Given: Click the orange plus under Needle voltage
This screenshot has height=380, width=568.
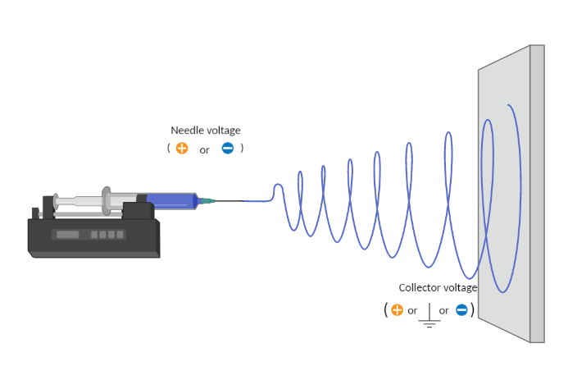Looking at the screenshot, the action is tap(182, 148).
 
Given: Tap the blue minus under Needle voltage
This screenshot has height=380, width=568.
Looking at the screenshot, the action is tap(228, 148).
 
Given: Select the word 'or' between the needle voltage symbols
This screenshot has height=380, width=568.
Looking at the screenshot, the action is tap(204, 150).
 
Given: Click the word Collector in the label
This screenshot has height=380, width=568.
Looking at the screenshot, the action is tap(416, 287).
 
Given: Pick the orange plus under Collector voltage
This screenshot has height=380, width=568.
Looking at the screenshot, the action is tap(397, 310).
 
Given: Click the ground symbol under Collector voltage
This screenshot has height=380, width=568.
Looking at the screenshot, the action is tap(429, 315).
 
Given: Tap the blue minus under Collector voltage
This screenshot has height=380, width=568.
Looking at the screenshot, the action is tap(461, 310).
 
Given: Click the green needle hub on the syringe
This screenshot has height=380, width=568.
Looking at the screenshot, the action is tap(207, 201).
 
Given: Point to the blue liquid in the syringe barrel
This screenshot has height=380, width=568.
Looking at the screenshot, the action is tap(170, 201).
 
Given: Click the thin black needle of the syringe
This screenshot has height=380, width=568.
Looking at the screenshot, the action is tap(229, 201).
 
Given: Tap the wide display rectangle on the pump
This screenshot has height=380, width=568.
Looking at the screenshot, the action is tap(68, 235).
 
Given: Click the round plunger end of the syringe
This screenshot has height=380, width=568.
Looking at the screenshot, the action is tap(56, 202).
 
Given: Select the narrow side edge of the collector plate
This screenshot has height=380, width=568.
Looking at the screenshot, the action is tap(537, 194).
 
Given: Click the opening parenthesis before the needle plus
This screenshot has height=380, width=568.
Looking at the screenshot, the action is tap(169, 148).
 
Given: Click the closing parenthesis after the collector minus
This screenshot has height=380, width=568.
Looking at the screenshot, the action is tap(472, 310).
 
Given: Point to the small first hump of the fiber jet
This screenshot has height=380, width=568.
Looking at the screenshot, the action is tap(278, 189).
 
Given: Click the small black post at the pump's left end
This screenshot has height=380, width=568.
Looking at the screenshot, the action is tap(35, 213).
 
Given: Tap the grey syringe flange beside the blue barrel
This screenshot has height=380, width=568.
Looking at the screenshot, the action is tap(106, 200).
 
